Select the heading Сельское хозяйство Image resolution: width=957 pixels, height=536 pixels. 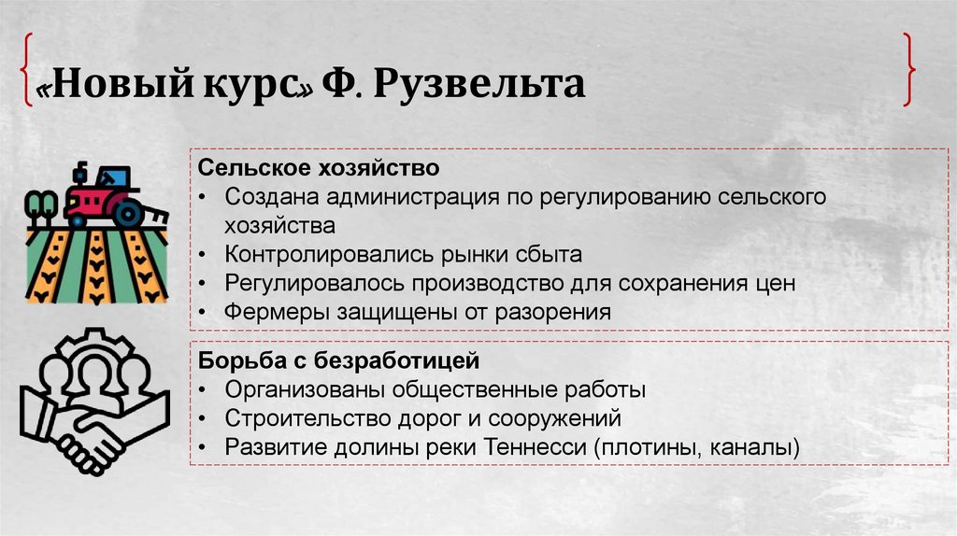point(317,169)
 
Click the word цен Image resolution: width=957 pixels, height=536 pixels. point(776,283)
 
